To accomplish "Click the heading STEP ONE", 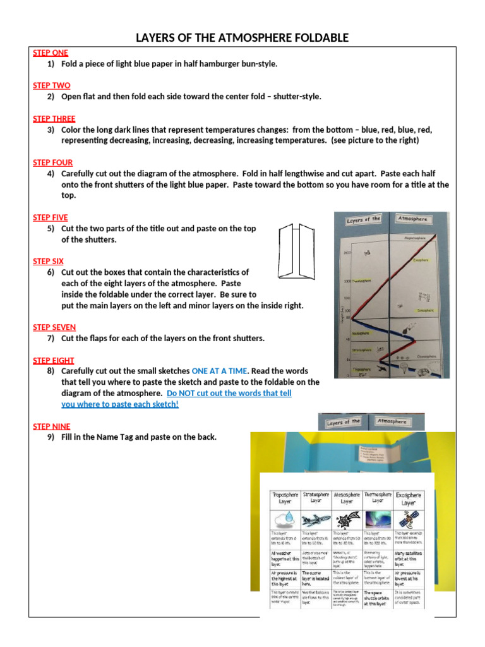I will tap(51, 52).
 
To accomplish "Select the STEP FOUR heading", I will tap(52, 162).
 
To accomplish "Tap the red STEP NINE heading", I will tap(52, 426).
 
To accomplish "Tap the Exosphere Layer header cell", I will tap(409, 499).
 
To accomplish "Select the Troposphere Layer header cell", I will tap(285, 499).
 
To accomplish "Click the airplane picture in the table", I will tap(316, 519).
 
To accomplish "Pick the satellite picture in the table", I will tap(409, 519).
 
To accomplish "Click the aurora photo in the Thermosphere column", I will tap(378, 519).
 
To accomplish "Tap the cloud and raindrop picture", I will tap(285, 519).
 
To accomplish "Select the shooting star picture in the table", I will tap(347, 519).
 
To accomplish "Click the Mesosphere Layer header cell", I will tap(347, 499).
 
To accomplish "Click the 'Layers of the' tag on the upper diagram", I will tap(363, 221).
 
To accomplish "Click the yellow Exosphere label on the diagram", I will tap(421, 260).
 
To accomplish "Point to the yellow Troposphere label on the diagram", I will tap(362, 368).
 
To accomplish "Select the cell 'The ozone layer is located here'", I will tap(316, 577).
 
